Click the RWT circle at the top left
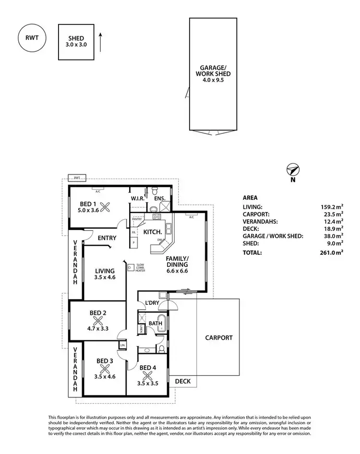(x=32, y=38)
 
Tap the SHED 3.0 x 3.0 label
(x=76, y=41)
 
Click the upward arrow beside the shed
(x=100, y=42)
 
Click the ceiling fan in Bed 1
(x=108, y=207)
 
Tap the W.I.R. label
(x=138, y=198)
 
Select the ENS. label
(x=160, y=198)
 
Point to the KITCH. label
(x=152, y=232)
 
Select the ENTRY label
(x=108, y=238)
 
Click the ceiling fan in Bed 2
(x=98, y=322)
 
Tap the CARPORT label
(x=218, y=338)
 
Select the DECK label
(x=182, y=382)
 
